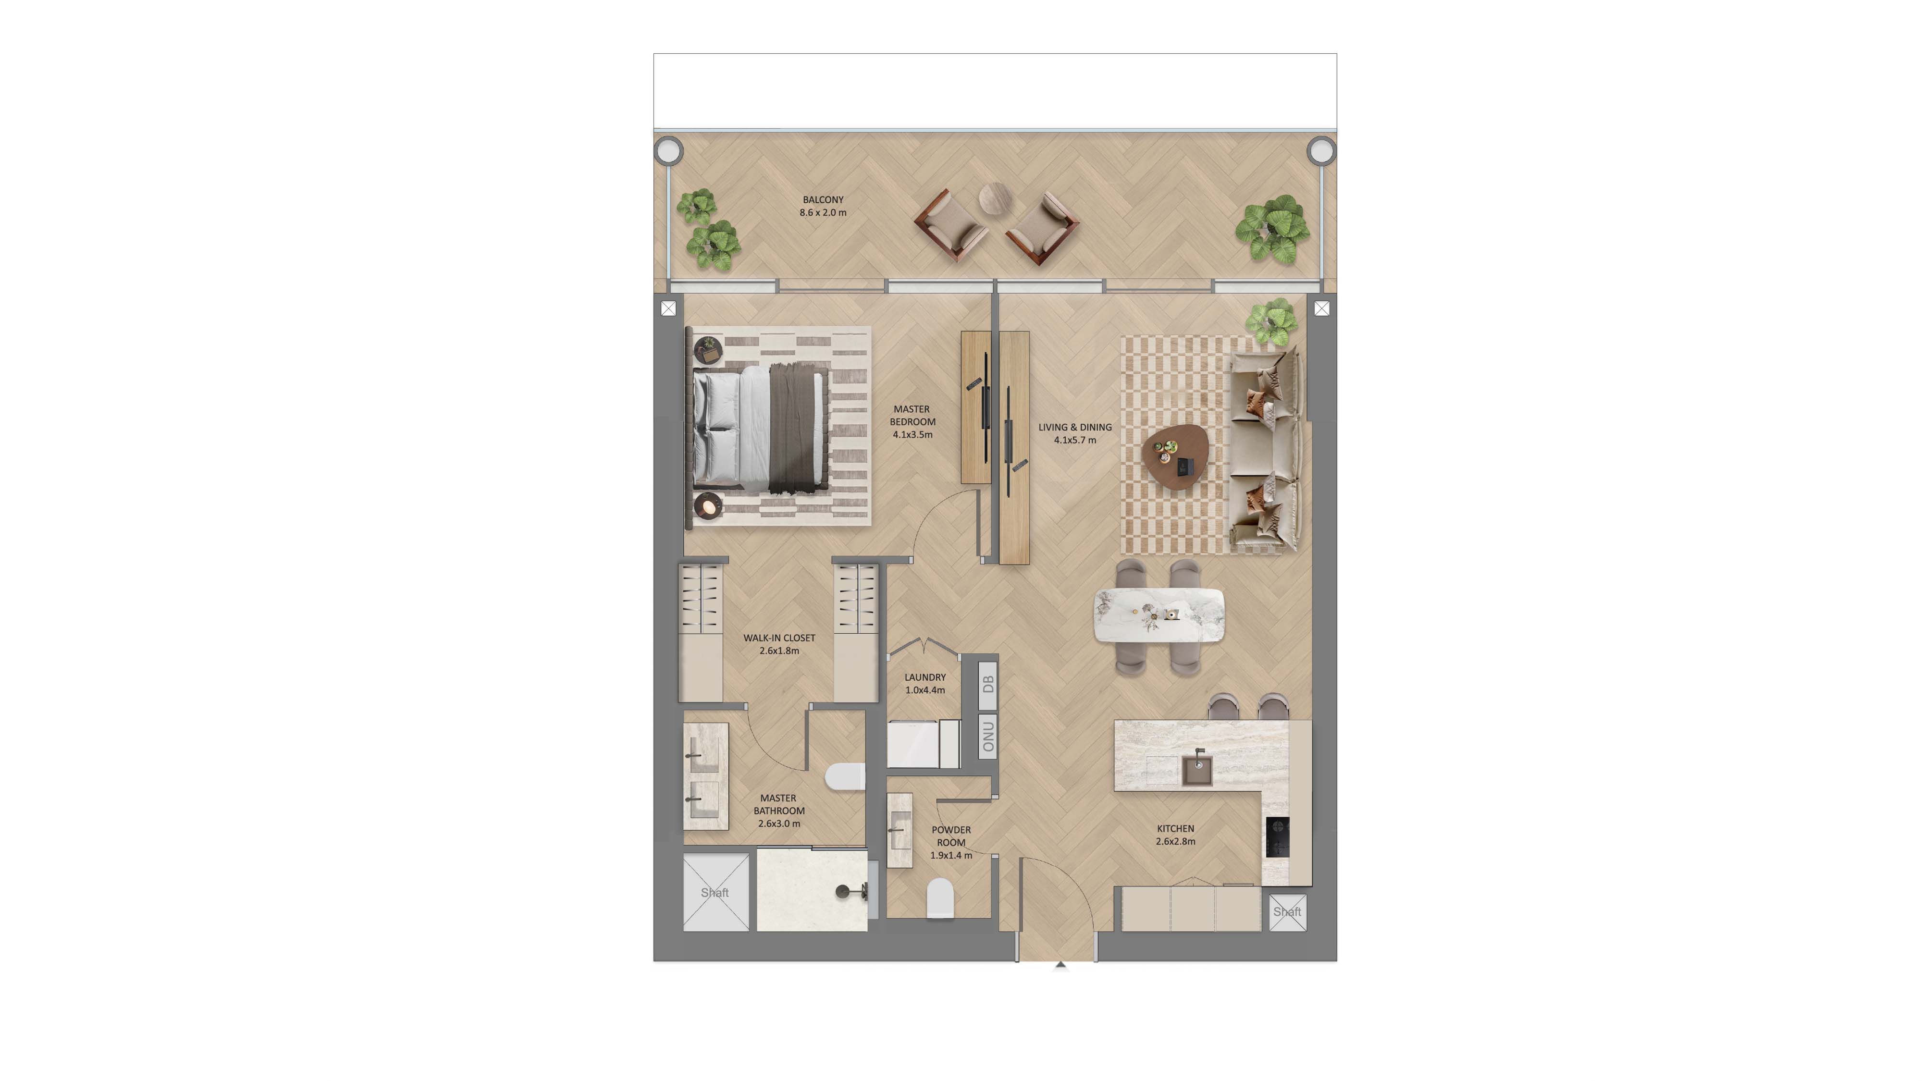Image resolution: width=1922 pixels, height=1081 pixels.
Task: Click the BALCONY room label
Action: coord(823,206)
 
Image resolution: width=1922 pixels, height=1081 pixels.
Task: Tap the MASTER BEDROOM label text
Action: coord(912,421)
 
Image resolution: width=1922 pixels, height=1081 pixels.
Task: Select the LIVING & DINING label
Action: coord(1074,433)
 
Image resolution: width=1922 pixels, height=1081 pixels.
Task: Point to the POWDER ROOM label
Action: coord(950,842)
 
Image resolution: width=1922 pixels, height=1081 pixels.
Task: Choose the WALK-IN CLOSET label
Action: coord(779,644)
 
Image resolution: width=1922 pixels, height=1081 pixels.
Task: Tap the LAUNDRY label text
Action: coord(924,683)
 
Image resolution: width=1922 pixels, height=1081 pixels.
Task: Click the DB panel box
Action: coord(987,683)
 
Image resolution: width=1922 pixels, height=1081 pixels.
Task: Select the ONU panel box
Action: coord(987,737)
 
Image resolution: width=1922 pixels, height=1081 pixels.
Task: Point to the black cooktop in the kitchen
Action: coord(1277,837)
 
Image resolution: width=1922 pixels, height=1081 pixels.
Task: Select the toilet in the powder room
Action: coord(940,899)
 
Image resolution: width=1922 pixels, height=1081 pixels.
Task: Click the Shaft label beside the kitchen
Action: coord(1287,912)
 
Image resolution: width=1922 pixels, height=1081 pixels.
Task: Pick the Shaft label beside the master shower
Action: coord(715,892)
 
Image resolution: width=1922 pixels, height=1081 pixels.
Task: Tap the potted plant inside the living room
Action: coord(1270,321)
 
